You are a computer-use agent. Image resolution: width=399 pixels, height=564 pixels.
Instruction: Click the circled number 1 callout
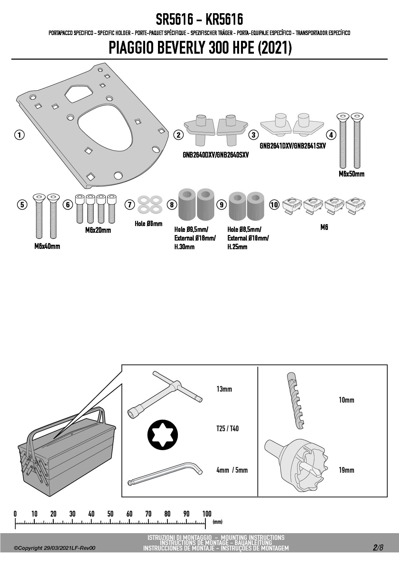click(19, 135)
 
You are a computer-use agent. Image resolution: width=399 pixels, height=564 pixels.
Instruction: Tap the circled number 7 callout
click(130, 205)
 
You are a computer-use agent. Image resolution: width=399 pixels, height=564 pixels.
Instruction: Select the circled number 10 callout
click(274, 205)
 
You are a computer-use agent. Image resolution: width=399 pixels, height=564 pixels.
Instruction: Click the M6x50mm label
click(351, 174)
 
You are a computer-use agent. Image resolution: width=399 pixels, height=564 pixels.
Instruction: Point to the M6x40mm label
click(47, 246)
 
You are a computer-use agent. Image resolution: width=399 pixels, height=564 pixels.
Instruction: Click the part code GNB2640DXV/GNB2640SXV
click(216, 155)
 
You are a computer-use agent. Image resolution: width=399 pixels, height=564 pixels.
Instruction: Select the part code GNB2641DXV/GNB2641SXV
click(292, 146)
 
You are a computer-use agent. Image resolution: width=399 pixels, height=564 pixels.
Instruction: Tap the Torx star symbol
click(162, 435)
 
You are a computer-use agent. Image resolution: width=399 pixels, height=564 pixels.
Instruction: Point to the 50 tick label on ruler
click(110, 514)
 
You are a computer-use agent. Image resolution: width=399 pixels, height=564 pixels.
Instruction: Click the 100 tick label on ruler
click(207, 514)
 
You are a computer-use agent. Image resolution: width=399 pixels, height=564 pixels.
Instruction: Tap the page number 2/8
click(378, 548)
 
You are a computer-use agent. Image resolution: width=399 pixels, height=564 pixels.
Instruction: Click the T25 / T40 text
click(227, 429)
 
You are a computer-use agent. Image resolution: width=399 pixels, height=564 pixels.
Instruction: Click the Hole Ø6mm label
click(148, 224)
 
